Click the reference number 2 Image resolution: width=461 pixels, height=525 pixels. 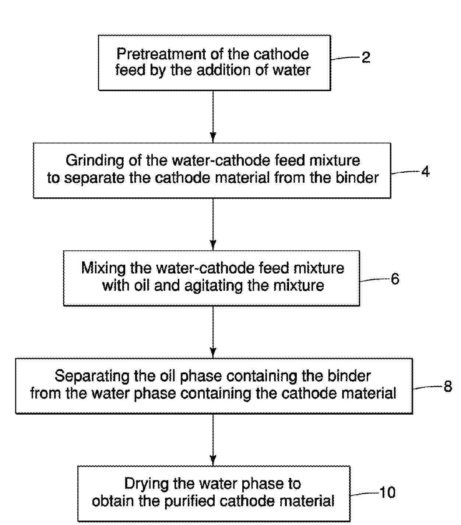[x=365, y=58]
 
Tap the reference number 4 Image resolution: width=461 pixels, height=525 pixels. [x=425, y=171]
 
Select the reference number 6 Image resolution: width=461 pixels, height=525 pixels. [x=395, y=279]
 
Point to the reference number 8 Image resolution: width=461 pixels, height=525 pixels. [x=448, y=386]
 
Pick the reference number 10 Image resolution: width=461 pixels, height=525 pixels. [x=387, y=492]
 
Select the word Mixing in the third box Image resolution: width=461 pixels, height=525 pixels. [x=103, y=268]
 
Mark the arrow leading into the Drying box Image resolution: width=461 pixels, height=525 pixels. [x=213, y=440]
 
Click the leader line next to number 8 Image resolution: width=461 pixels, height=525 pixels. [x=427, y=387]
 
